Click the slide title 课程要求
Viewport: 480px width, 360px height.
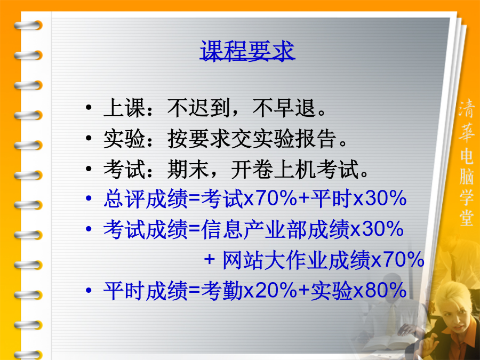[x=247, y=51]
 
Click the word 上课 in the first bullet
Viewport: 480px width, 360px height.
[x=124, y=108]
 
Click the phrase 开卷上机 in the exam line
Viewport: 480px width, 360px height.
[x=274, y=169]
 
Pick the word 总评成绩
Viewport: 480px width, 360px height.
[x=146, y=199]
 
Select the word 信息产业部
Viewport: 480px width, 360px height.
[x=254, y=229]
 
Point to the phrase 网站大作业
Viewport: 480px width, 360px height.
[x=275, y=260]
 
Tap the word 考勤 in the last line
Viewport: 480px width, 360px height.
[x=222, y=291]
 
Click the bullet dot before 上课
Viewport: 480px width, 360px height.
[x=89, y=107]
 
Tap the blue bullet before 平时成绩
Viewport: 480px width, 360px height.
[x=89, y=290]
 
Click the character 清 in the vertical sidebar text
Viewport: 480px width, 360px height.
[x=466, y=109]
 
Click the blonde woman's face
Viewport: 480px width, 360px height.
[x=456, y=318]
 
